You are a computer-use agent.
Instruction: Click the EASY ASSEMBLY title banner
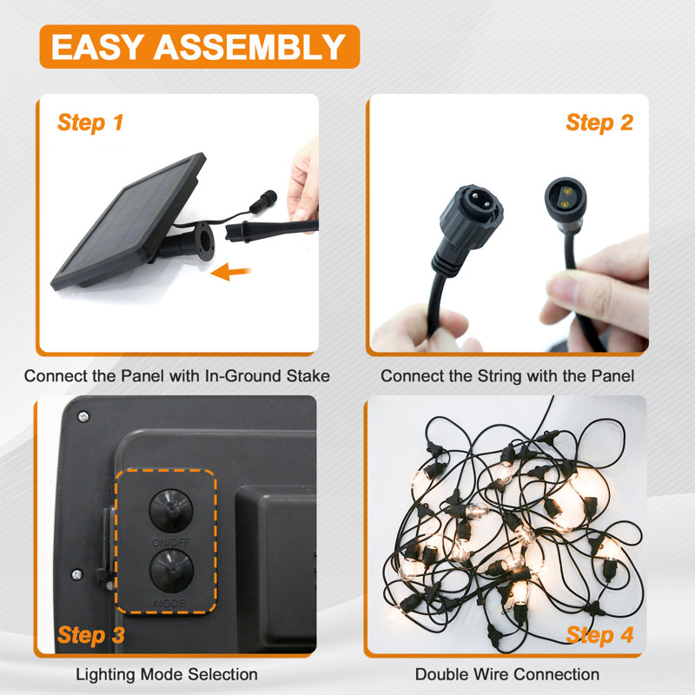(x=200, y=47)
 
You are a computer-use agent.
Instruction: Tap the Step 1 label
(x=90, y=122)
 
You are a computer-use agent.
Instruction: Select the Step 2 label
(x=599, y=122)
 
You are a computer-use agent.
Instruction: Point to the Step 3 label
(x=91, y=635)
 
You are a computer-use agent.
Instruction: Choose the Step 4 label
(x=599, y=635)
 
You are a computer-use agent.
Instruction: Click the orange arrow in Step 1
(x=231, y=271)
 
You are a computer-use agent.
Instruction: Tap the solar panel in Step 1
(x=129, y=222)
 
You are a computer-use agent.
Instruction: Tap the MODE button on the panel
(x=171, y=571)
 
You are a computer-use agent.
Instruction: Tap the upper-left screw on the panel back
(x=83, y=417)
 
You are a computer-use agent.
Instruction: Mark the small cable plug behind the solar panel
(x=263, y=201)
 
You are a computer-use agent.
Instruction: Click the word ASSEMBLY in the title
(x=249, y=47)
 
